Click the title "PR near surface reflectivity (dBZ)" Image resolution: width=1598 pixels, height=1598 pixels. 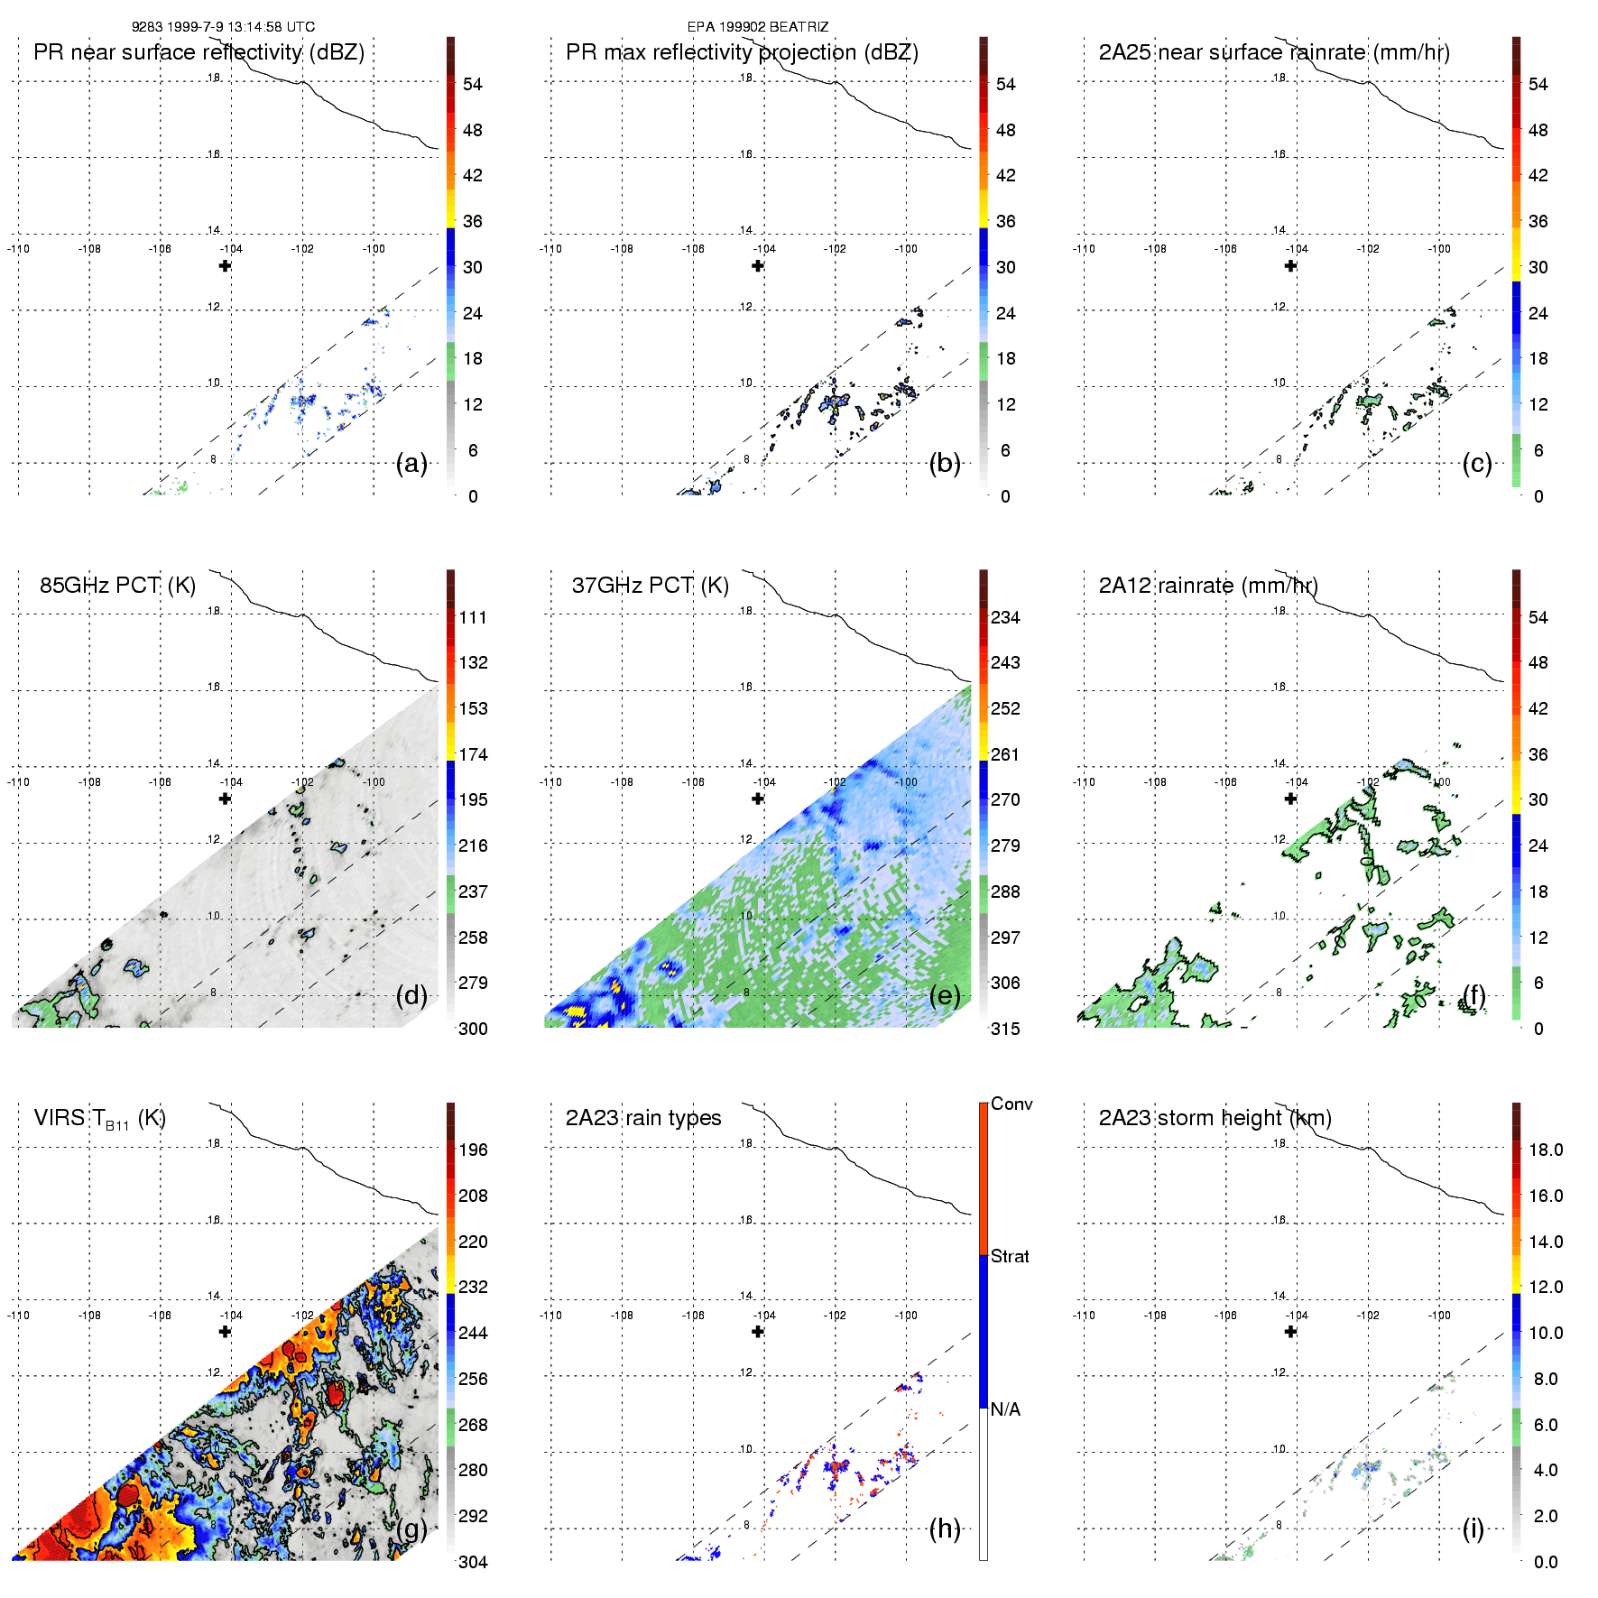click(199, 52)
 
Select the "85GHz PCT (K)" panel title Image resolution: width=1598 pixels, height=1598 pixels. click(117, 586)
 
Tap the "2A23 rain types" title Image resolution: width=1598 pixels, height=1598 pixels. click(643, 1118)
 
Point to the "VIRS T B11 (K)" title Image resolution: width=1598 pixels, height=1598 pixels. click(99, 1119)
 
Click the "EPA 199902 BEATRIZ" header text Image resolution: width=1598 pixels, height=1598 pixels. click(757, 27)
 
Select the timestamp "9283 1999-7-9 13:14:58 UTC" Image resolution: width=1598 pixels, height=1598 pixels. click(223, 27)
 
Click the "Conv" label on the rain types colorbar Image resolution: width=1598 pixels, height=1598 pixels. click(1011, 1104)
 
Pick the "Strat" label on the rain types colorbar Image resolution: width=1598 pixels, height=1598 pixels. click(1010, 1257)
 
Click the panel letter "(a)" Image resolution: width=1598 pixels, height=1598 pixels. click(411, 464)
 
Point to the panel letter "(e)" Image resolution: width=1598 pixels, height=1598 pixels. click(944, 996)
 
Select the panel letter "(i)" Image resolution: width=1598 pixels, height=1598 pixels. click(1473, 1529)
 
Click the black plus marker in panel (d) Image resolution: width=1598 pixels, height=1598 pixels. click(225, 799)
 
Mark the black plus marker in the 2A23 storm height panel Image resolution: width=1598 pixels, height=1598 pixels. click(1290, 1332)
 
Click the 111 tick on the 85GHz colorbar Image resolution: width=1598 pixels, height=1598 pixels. click(473, 618)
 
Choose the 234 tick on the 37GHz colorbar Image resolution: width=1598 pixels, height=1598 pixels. click(1005, 618)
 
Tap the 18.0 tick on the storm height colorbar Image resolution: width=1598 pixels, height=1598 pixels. click(1545, 1150)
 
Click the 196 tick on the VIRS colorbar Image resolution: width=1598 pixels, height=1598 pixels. click(473, 1150)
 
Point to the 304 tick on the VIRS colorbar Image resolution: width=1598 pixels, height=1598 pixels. click(473, 1562)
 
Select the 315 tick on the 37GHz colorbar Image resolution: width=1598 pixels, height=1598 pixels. click(1005, 1030)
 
